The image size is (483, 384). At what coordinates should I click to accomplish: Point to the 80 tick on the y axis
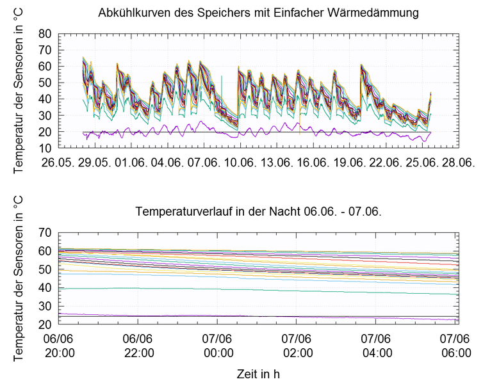(44, 33)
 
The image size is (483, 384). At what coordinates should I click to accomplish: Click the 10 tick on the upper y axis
(44, 148)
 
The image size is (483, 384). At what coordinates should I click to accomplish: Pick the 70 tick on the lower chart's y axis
(44, 232)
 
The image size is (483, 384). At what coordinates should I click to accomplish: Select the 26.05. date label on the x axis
(58, 162)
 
